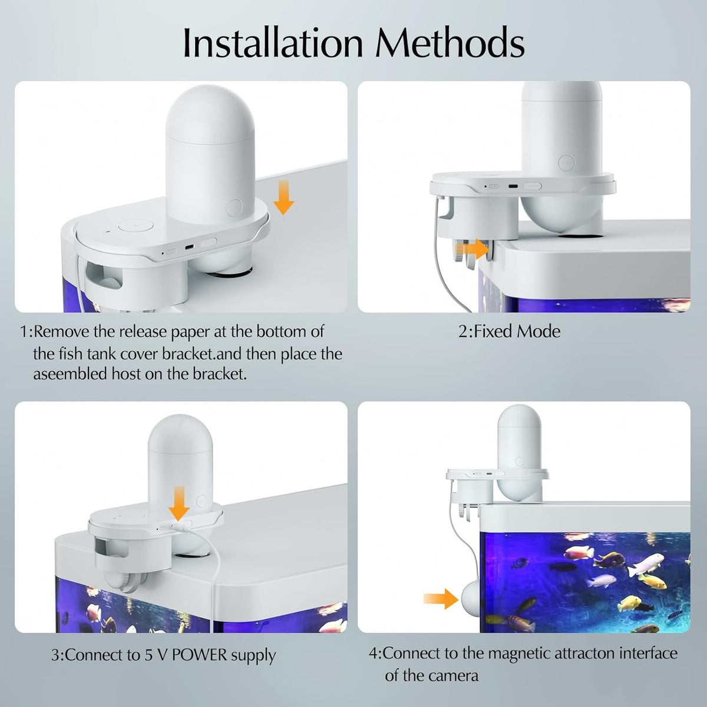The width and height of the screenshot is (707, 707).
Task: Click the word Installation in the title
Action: tap(273, 43)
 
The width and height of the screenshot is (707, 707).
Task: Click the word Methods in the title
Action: tap(450, 43)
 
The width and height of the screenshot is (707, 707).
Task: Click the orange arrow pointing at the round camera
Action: tap(441, 599)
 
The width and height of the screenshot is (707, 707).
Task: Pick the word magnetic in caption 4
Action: tap(519, 653)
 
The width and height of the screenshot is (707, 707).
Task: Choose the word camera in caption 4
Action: tap(455, 675)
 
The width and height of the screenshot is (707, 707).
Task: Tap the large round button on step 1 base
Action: tap(136, 225)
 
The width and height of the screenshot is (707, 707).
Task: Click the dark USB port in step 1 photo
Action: tap(189, 247)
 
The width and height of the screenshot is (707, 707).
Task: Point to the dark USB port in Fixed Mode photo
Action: tap(513, 186)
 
